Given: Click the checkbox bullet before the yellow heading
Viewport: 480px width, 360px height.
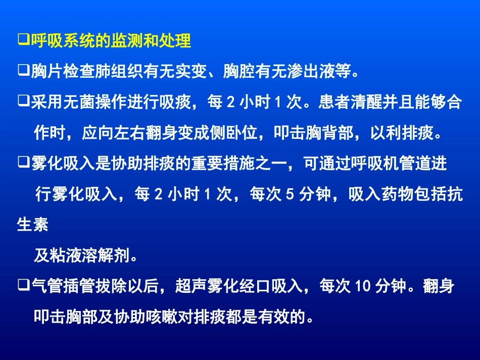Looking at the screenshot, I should (22, 40).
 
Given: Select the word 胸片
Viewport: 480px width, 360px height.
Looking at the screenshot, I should (47, 72).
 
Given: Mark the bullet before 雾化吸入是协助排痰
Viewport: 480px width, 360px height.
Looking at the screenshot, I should (22, 164).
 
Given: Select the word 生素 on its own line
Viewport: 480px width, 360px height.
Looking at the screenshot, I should (33, 225).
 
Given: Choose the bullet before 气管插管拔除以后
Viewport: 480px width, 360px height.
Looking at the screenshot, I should (22, 286).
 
